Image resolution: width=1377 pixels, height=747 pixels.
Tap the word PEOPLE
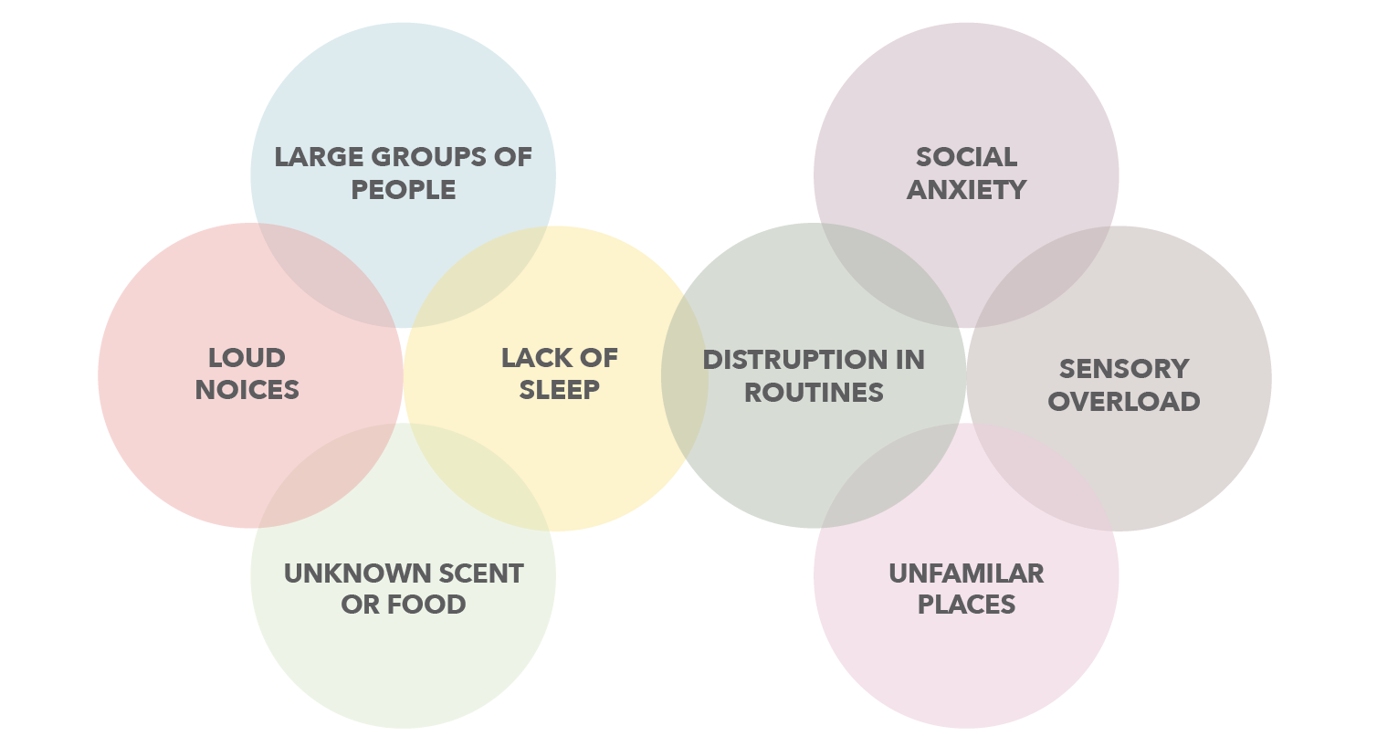coord(404,190)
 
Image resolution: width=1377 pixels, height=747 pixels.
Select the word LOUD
coord(247,358)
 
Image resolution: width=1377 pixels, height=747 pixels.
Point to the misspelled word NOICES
coord(247,390)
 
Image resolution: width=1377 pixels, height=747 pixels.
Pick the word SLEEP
coord(559,390)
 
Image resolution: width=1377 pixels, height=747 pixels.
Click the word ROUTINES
coord(814,393)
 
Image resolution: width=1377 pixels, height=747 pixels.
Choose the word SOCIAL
coord(966,157)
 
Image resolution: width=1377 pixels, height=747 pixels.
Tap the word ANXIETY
coord(966,190)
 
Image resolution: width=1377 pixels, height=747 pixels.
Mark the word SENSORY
coord(1123,369)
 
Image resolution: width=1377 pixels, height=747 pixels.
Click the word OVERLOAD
coord(1123,402)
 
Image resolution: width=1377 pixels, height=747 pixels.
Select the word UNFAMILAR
coord(966,573)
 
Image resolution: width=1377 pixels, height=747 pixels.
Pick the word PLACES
coord(966,605)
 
